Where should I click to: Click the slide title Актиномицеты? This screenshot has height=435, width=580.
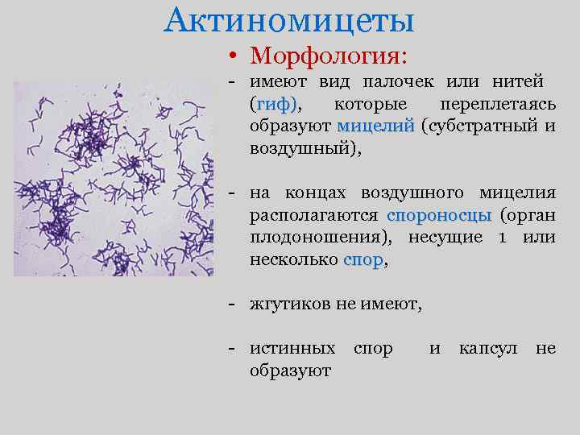pyautogui.click(x=289, y=20)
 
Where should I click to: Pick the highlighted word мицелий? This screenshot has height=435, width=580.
pyautogui.click(x=375, y=126)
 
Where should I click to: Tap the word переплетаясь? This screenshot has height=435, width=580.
pyautogui.click(x=498, y=105)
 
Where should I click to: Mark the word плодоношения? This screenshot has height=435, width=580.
pyautogui.click(x=322, y=238)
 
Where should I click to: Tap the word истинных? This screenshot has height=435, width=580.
pyautogui.click(x=292, y=349)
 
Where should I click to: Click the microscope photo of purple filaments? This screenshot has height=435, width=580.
pyautogui.click(x=113, y=179)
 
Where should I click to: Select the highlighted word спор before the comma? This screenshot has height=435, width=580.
pyautogui.click(x=363, y=260)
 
